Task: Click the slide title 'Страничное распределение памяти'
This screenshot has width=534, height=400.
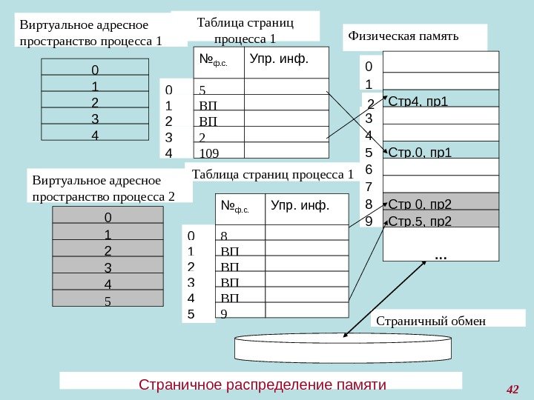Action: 263,385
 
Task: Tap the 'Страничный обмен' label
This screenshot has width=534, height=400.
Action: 431,321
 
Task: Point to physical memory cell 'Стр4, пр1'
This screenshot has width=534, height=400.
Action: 419,99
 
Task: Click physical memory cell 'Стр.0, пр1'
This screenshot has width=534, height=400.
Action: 420,154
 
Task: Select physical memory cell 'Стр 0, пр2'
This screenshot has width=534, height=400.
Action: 421,204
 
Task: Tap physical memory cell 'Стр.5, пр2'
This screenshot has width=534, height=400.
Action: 421,221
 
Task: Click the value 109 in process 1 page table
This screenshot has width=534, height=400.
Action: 210,153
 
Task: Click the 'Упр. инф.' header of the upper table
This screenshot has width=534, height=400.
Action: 278,58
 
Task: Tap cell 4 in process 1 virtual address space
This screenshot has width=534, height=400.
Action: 94,136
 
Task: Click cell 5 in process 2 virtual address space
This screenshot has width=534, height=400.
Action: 108,301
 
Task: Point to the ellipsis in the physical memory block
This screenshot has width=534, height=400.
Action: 440,256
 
